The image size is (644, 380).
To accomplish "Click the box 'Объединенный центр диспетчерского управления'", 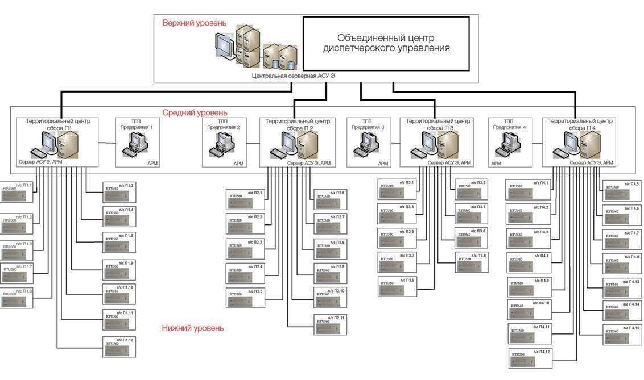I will click(x=386, y=43).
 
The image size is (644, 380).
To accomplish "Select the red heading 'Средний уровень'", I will click(x=195, y=112).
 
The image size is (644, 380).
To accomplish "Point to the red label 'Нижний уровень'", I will click(x=193, y=328).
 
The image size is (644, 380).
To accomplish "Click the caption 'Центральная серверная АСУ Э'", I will click(x=291, y=75).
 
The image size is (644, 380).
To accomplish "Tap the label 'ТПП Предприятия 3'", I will click(x=368, y=124).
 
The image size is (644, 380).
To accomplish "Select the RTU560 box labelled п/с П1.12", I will click(x=119, y=346).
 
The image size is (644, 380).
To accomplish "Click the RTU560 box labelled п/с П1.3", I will click(x=119, y=193).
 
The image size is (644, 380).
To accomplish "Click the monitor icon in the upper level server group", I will click(x=225, y=44).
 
